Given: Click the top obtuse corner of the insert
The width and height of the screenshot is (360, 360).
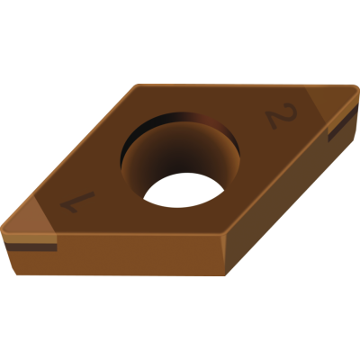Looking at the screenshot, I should point(138,85).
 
